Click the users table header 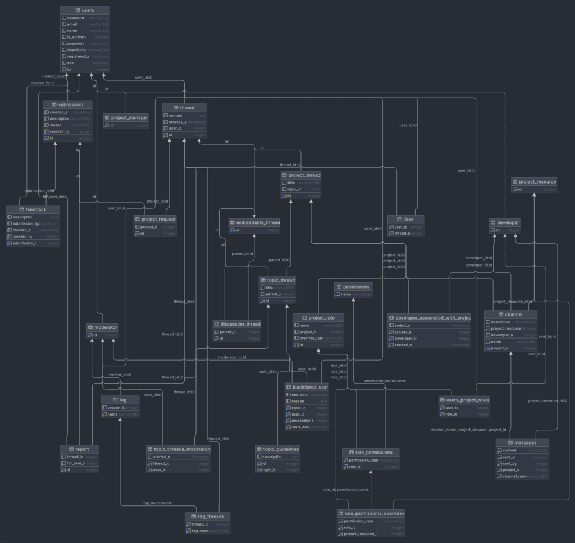pyautogui.click(x=85, y=10)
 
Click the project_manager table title pyautogui.click(x=126, y=118)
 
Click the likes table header pyautogui.click(x=405, y=220)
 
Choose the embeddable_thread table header pyautogui.click(x=254, y=223)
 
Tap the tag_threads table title pyautogui.click(x=207, y=517)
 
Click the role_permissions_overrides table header pyautogui.click(x=371, y=513)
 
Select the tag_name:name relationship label pyautogui.click(x=158, y=503)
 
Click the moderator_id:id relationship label pyautogui.click(x=232, y=357)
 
